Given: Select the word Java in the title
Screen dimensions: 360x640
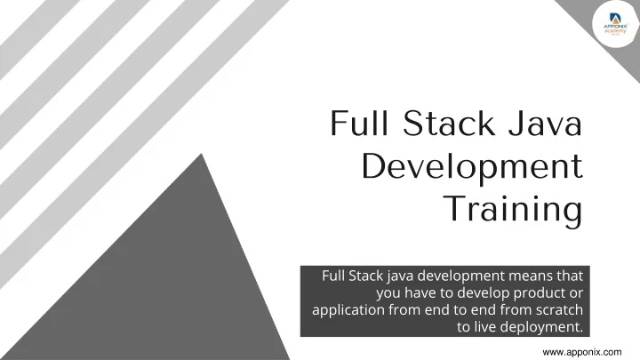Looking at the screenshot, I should (549, 124).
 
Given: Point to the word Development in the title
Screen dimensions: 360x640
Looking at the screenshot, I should (473, 167).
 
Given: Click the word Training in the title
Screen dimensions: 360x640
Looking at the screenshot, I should (512, 210).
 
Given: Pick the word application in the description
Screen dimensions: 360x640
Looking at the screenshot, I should (350, 310).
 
